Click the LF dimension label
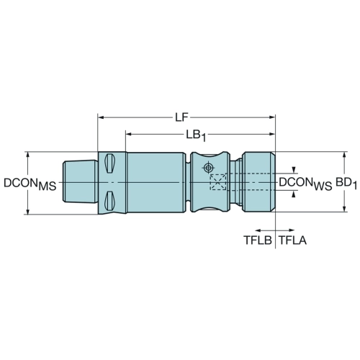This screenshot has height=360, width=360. coord(181,117)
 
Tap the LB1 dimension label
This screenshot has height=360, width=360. coord(196,136)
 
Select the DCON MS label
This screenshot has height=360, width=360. coord(30,184)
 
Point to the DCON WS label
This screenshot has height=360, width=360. coord(305,184)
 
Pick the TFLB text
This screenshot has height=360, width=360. coord(258,240)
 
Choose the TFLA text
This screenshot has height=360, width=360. coord(293,240)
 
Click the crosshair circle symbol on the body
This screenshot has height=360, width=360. coord(208,168)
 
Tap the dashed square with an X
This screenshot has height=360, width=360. coord(218,182)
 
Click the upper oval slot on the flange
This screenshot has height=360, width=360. coord(109,163)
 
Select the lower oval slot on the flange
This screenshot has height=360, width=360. coord(109,201)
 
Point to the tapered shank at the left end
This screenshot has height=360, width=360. coord(80,181)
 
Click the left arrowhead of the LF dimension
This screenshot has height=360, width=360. coord(101,117)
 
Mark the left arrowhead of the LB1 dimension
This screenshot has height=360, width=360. coord(129,134)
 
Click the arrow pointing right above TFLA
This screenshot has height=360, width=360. coord(285,230)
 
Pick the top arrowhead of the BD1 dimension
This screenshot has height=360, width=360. coord(344,155)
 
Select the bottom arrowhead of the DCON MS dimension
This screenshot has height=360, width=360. coord(28,212)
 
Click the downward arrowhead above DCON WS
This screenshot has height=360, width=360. coord(294,170)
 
